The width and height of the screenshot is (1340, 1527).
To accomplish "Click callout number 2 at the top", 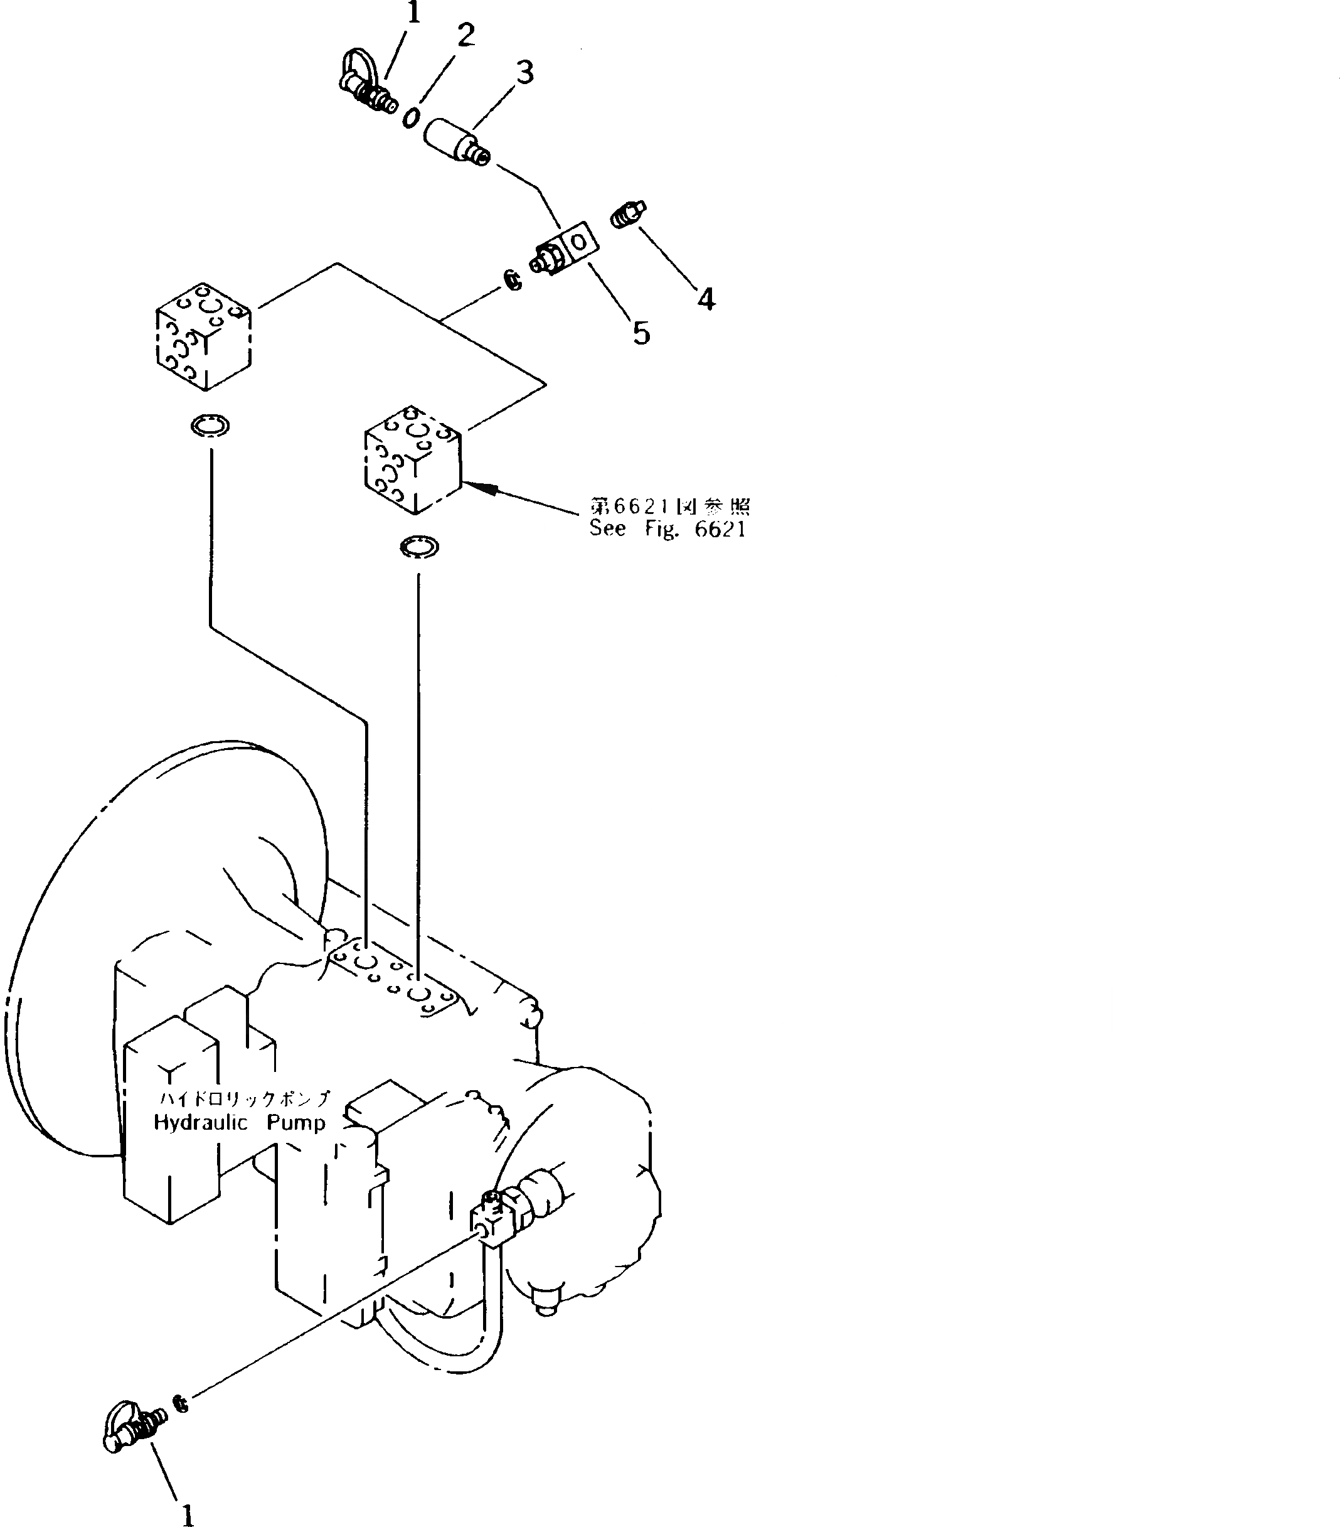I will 466,35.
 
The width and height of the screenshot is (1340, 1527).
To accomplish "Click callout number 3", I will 525,72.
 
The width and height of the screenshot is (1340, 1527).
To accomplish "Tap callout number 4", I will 706,299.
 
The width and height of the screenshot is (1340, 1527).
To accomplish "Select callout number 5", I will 641,333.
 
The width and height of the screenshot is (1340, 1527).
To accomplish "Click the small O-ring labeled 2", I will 411,118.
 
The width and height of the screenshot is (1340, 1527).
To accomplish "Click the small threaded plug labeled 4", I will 627,215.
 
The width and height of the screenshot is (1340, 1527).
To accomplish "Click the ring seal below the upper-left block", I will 210,426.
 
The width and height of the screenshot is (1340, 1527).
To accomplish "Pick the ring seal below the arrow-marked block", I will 419,547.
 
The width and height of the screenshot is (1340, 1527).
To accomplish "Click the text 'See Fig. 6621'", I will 667,529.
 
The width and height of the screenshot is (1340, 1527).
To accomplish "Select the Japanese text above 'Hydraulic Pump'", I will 244,1098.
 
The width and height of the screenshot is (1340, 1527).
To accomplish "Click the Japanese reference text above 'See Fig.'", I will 670,506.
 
